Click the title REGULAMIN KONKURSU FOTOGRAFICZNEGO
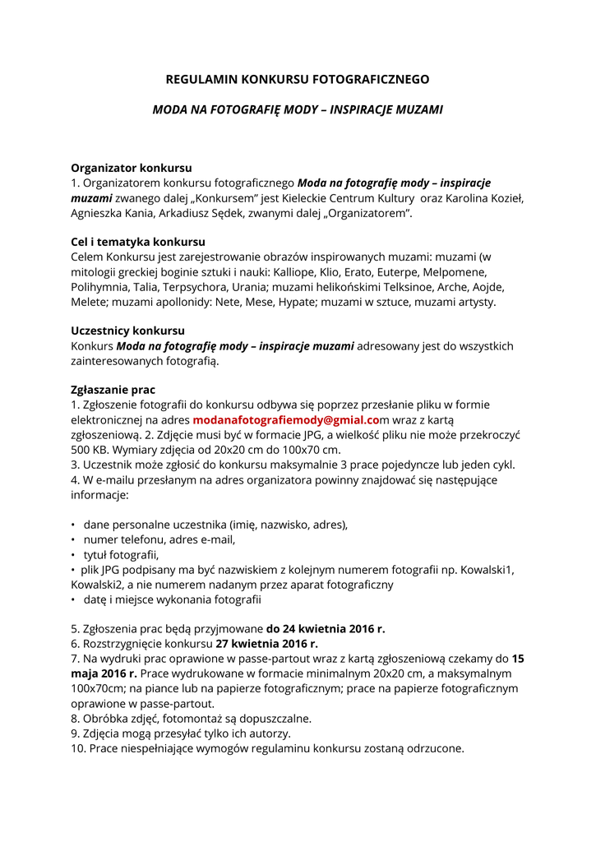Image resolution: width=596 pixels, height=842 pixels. (298, 80)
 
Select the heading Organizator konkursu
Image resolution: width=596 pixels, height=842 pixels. (131, 168)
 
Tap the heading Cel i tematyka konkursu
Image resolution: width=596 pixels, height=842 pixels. (138, 242)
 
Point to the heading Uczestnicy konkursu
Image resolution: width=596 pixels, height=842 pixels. (127, 331)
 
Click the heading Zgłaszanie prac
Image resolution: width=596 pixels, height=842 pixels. (113, 390)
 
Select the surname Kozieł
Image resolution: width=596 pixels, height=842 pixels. (501, 198)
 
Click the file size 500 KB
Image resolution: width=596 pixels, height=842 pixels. (91, 450)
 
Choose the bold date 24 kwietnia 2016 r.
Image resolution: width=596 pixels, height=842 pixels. (326, 629)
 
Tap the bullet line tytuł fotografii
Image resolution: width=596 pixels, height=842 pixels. (120, 555)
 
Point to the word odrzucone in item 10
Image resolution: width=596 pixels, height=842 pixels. (435, 748)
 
